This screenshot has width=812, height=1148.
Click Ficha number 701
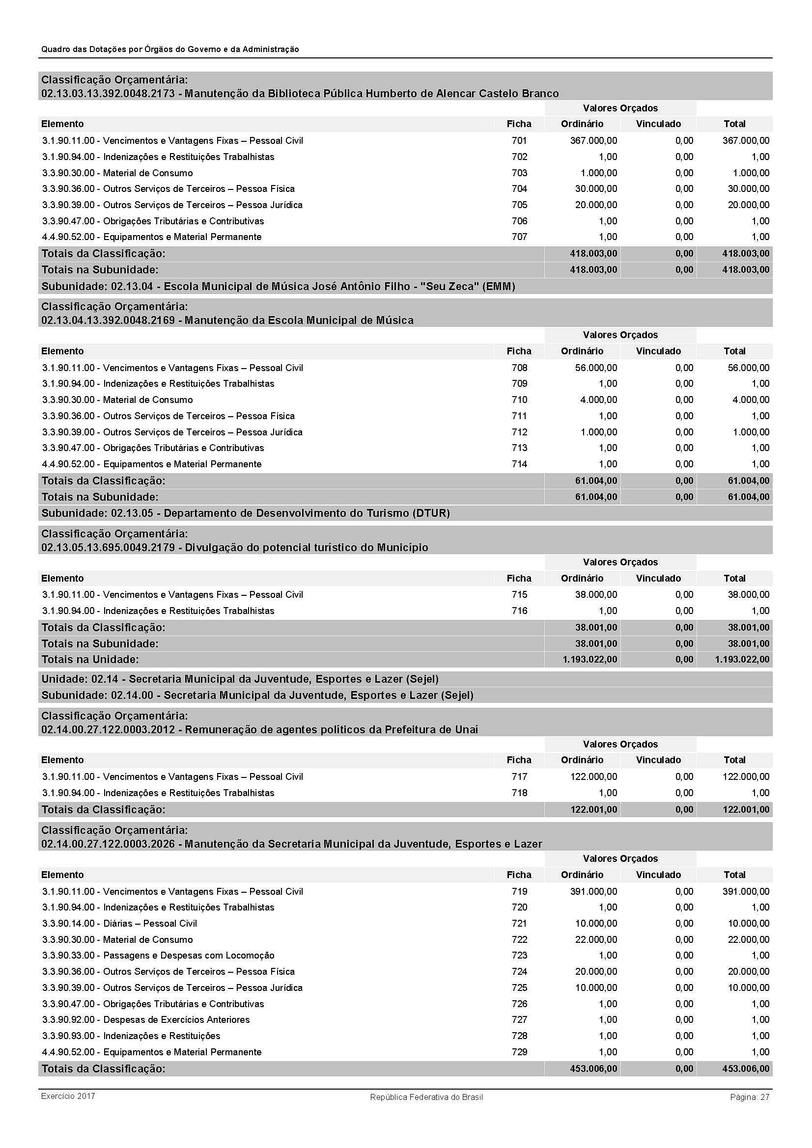(x=519, y=140)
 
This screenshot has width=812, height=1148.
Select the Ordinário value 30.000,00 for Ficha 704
(x=596, y=188)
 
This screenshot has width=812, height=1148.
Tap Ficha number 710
(x=519, y=400)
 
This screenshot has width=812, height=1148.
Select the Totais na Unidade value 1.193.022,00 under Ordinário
(x=589, y=660)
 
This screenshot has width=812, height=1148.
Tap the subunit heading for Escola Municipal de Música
(x=278, y=287)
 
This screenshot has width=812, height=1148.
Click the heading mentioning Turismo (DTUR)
(x=245, y=513)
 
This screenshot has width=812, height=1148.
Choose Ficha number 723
(x=519, y=955)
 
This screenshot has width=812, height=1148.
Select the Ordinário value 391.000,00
(x=593, y=891)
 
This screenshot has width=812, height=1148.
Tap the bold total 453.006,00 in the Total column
(x=746, y=1068)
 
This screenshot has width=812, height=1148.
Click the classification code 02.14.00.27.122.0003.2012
(x=108, y=729)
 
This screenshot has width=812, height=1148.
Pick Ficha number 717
(x=519, y=776)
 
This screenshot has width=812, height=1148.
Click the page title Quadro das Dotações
(x=170, y=49)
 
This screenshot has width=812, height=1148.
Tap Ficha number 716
(x=519, y=611)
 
